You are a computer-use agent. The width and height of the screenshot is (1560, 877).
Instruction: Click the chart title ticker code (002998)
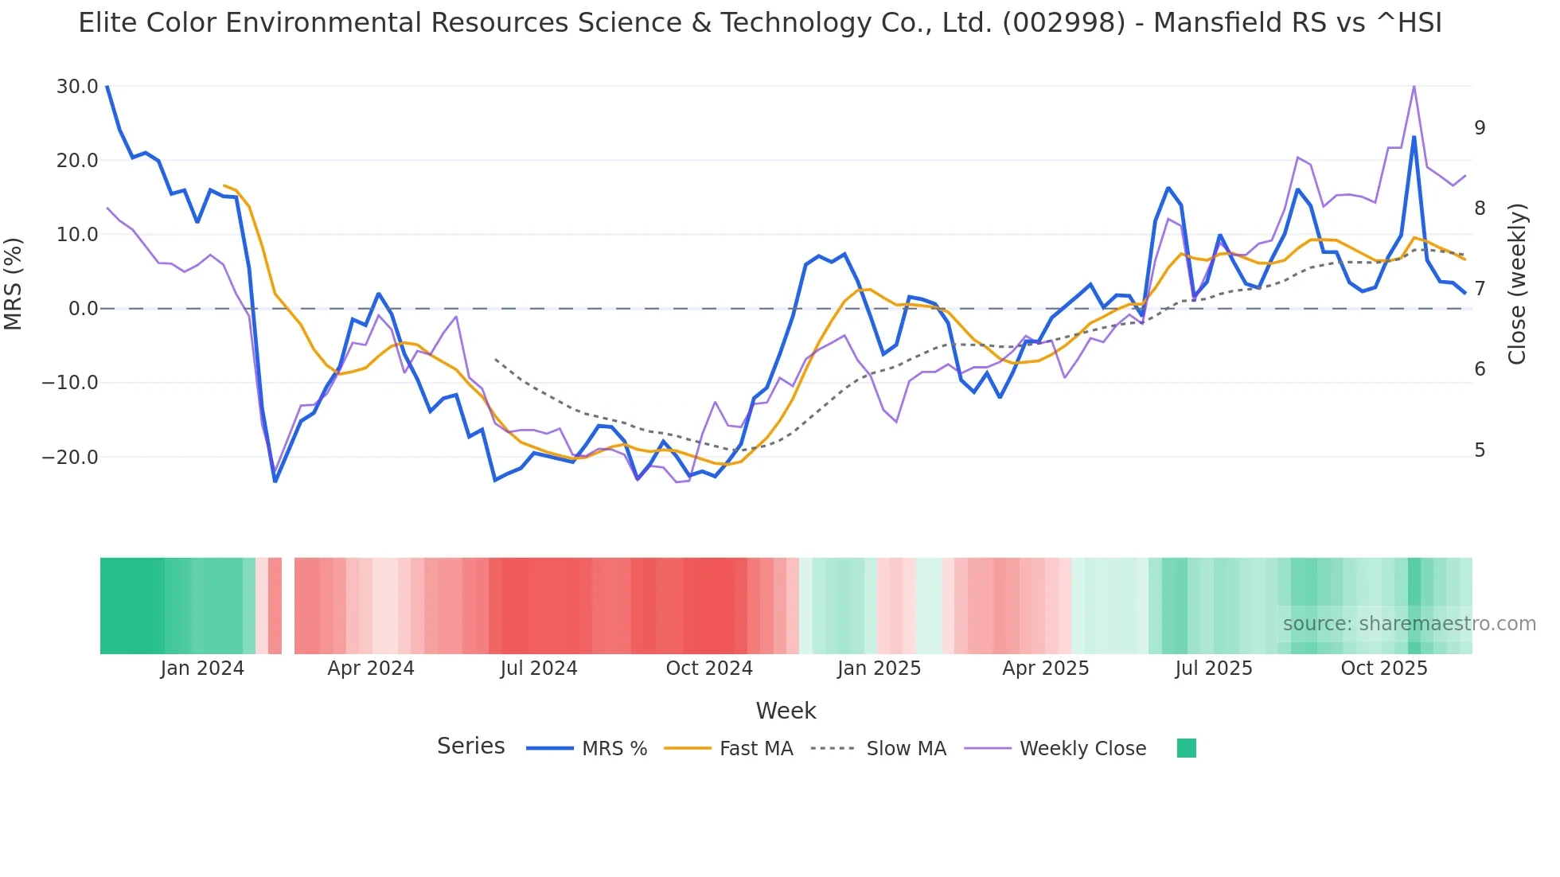coord(1063,23)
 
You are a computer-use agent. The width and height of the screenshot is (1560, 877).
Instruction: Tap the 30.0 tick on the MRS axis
coord(77,86)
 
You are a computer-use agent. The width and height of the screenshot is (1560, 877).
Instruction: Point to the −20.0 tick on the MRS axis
coord(70,457)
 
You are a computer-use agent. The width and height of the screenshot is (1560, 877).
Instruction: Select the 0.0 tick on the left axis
coord(84,309)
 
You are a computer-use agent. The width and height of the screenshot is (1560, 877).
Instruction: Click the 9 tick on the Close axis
coord(1480,127)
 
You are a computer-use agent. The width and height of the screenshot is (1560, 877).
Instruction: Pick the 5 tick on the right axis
coord(1480,450)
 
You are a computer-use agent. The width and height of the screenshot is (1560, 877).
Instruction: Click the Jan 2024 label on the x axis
coord(202,668)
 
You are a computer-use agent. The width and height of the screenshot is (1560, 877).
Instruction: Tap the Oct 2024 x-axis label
coord(709,668)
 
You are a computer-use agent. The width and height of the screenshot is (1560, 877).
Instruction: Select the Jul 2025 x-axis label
coord(1214,668)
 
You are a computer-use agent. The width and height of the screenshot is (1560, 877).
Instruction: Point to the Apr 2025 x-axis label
coord(1045,668)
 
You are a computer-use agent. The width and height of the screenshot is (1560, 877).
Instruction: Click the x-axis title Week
coord(786,711)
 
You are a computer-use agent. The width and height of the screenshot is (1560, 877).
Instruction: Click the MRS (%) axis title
coord(14,283)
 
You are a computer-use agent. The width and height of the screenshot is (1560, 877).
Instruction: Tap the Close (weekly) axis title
coord(1517,283)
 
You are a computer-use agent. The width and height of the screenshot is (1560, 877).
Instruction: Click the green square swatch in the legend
coord(1186,748)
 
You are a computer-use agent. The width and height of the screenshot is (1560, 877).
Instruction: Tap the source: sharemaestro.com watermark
coord(1409,624)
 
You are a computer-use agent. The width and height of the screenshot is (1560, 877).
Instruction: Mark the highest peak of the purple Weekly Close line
coord(1414,85)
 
